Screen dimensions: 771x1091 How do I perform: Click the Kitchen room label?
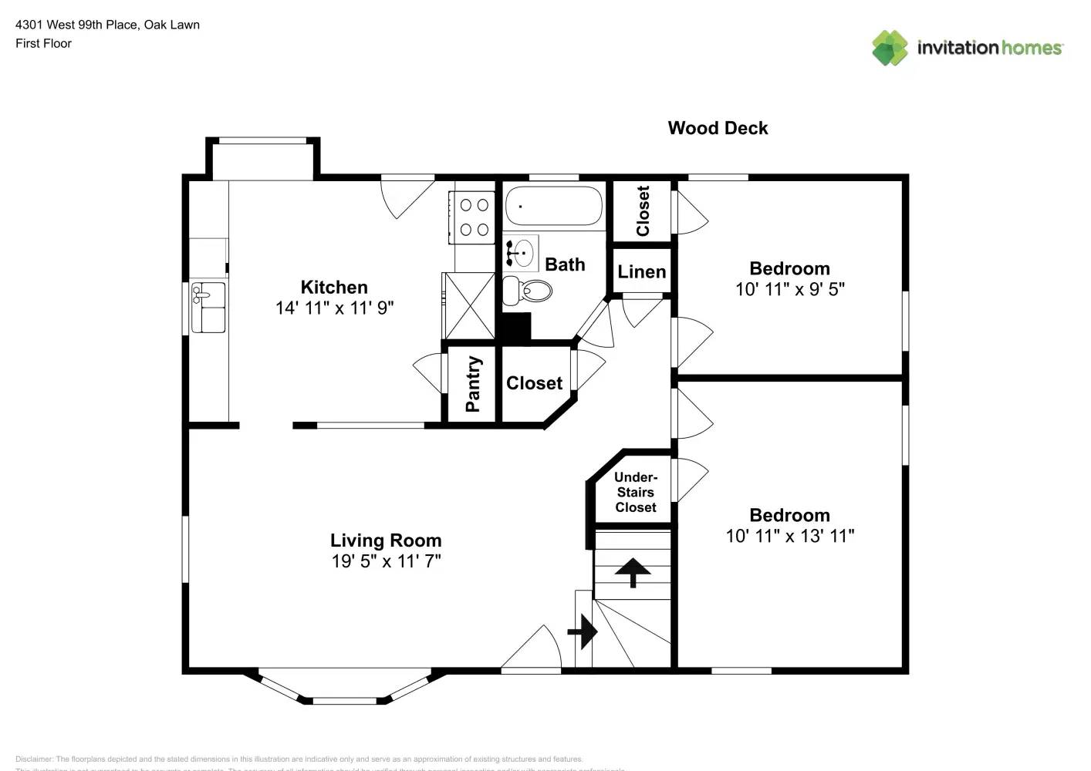pyautogui.click(x=333, y=287)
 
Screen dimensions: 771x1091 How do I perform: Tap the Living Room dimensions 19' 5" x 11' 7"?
pyautogui.click(x=386, y=561)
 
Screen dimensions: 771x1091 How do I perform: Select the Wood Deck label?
pyautogui.click(x=718, y=128)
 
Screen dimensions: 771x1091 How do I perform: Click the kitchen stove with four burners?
pyautogui.click(x=474, y=217)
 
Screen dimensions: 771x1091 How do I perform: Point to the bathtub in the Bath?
pyautogui.click(x=553, y=206)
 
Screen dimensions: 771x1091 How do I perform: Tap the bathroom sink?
pyautogui.click(x=522, y=253)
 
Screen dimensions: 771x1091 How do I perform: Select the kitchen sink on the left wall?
pyautogui.click(x=208, y=307)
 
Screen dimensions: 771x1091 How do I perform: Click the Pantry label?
pyautogui.click(x=473, y=383)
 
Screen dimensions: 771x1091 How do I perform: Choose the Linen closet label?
pyautogui.click(x=641, y=271)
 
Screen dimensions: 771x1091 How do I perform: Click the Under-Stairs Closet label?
pyautogui.click(x=635, y=492)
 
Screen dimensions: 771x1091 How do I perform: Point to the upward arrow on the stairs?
pyautogui.click(x=633, y=572)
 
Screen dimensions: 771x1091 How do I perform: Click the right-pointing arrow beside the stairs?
pyautogui.click(x=583, y=632)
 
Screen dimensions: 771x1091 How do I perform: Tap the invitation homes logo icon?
pyautogui.click(x=890, y=48)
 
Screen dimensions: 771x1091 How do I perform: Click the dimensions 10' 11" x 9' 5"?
pyautogui.click(x=789, y=289)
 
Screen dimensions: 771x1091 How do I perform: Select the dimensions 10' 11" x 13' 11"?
pyautogui.click(x=789, y=536)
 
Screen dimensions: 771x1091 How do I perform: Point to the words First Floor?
pyautogui.click(x=43, y=43)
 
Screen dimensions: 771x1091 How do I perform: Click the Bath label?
pyautogui.click(x=565, y=264)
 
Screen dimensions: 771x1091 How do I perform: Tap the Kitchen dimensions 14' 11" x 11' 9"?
pyautogui.click(x=334, y=308)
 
